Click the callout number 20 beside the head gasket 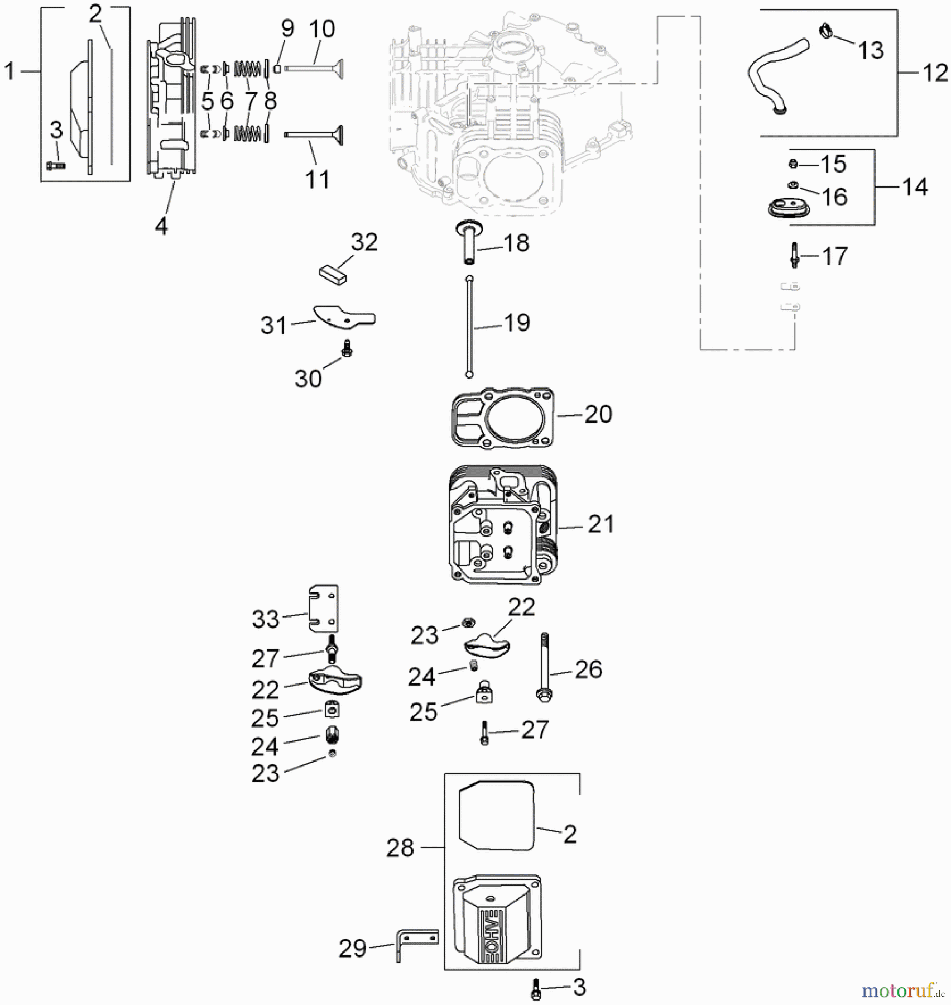598,414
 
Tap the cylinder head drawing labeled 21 502,525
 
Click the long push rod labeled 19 470,327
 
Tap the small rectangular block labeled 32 334,275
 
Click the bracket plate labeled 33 324,609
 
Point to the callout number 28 400,848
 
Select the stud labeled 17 794,255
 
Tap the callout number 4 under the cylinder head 161,226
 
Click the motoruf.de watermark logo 902,991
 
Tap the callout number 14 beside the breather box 915,187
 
